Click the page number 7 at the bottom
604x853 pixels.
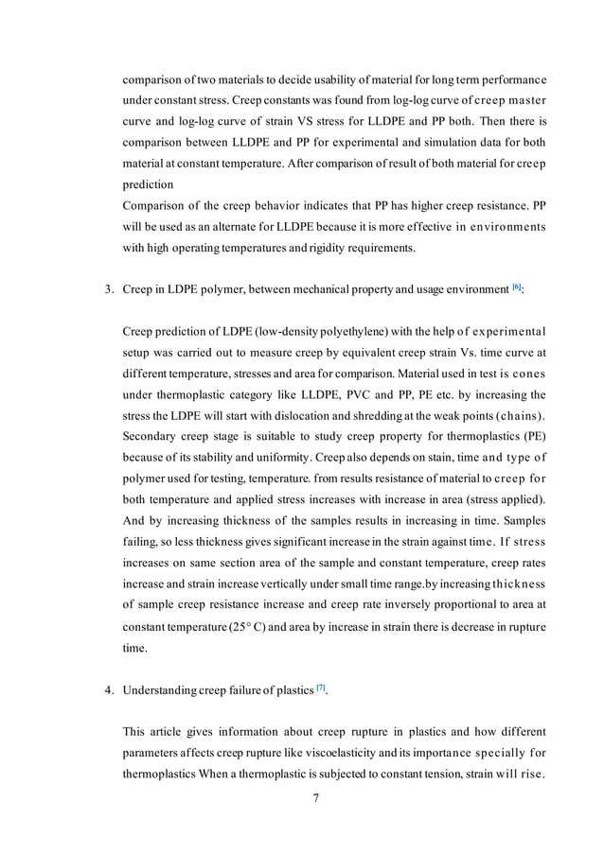pos(316,799)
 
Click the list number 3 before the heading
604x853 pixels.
pos(108,288)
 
